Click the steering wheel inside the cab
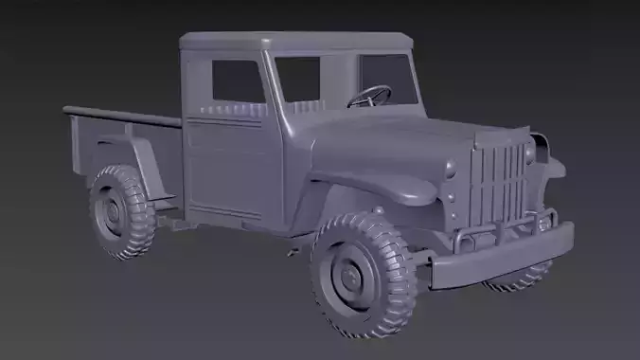pos(370,96)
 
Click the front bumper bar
pos(502,256)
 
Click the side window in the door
pos(237,81)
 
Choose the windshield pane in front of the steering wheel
pos(387,80)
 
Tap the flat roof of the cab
pos(293,42)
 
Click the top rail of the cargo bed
pos(123,117)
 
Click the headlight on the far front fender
pos(541,147)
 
